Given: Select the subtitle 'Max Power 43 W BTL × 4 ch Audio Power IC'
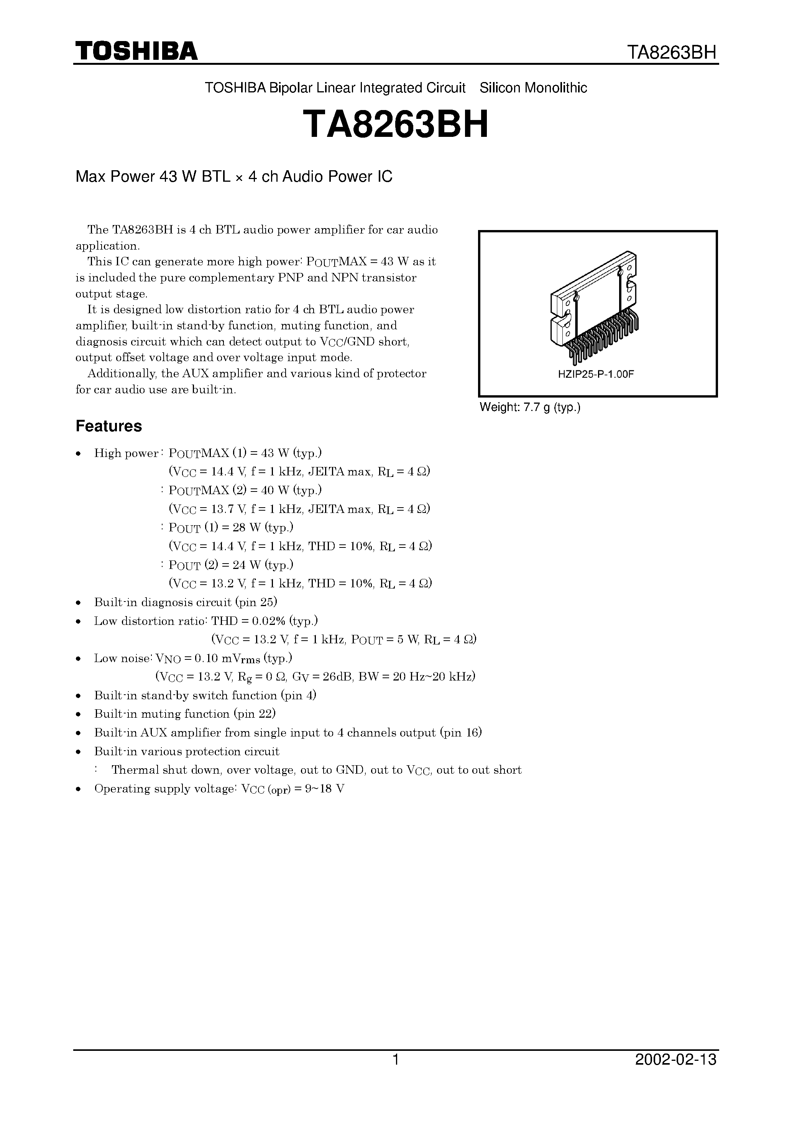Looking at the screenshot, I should click(234, 176).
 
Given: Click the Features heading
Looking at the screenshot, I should click(108, 426).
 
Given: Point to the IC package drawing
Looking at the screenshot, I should click(595, 307).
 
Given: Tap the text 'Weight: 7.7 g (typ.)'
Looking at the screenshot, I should click(530, 407).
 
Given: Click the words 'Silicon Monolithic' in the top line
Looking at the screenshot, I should click(533, 88).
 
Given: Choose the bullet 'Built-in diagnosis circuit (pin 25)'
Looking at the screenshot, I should click(186, 602).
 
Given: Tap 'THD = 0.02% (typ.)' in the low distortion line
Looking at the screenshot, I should click(264, 621).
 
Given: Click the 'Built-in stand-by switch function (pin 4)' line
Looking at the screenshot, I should click(205, 695).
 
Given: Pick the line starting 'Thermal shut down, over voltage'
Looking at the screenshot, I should click(316, 770).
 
